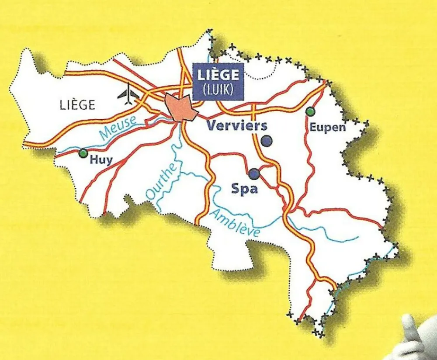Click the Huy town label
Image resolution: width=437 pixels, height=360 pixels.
click(x=101, y=160)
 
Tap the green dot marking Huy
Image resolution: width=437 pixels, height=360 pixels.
click(x=83, y=153)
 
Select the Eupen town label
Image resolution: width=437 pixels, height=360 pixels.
click(x=327, y=128)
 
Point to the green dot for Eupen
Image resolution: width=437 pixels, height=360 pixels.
click(x=310, y=111)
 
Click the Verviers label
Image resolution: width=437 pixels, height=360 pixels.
click(x=236, y=126)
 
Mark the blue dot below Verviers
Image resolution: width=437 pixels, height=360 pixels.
click(x=266, y=141)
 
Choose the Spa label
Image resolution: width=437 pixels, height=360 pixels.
click(x=245, y=189)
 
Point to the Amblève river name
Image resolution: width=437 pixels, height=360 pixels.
click(x=235, y=223)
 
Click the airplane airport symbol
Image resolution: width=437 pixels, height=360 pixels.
click(x=128, y=95)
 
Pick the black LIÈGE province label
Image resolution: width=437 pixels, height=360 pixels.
click(x=77, y=105)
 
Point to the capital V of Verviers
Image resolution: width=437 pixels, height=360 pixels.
click(x=212, y=126)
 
